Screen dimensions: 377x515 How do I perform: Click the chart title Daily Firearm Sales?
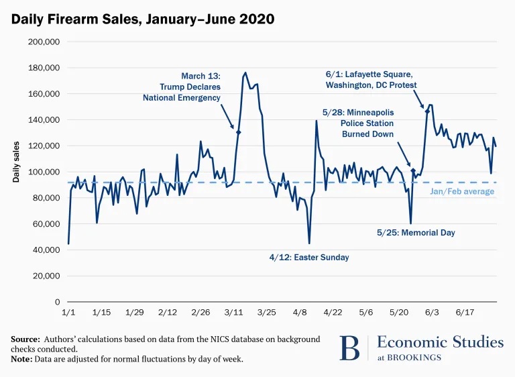click(x=142, y=19)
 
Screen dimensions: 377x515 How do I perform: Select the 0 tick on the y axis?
click(x=58, y=302)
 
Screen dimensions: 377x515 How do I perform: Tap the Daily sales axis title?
click(x=16, y=163)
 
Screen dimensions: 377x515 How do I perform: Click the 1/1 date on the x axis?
click(x=68, y=313)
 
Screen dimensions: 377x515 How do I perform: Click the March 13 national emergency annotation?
click(x=182, y=87)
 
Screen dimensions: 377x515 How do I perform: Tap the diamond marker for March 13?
click(x=238, y=132)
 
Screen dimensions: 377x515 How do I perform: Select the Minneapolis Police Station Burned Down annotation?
click(x=358, y=123)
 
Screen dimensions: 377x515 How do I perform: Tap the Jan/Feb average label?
click(x=461, y=192)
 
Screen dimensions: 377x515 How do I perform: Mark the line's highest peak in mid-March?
click(x=245, y=72)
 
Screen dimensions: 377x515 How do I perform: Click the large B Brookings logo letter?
click(x=349, y=347)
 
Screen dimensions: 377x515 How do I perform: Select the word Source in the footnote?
click(x=24, y=339)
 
